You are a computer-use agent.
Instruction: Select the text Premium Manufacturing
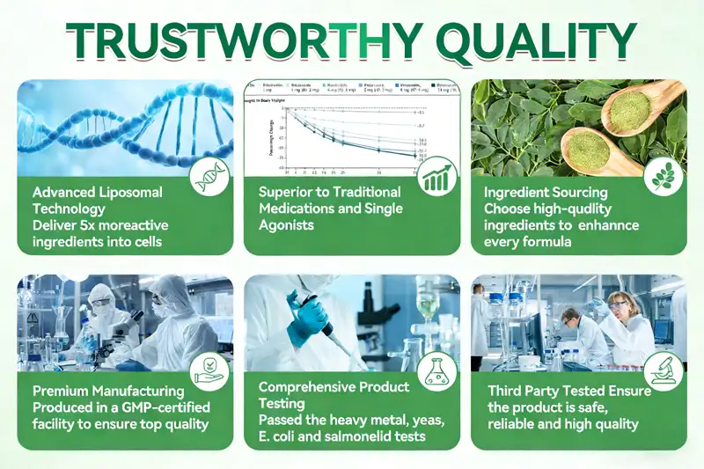pyautogui.click(x=108, y=391)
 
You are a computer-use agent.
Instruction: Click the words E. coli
pyautogui.click(x=280, y=436)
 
